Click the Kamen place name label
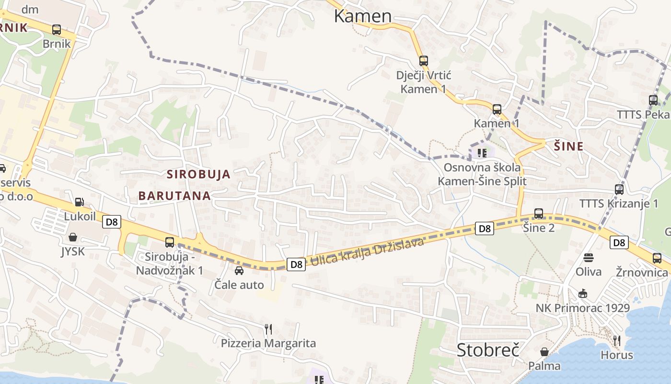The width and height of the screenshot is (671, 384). click(x=362, y=16)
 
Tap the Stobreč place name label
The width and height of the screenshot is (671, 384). click(x=488, y=349)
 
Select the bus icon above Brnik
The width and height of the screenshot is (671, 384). click(x=57, y=30)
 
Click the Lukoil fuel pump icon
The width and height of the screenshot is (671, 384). click(x=80, y=202)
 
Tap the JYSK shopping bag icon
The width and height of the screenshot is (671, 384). click(x=73, y=237)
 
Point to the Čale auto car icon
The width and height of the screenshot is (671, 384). click(x=239, y=271)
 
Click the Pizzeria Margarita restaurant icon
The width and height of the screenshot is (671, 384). click(x=268, y=329)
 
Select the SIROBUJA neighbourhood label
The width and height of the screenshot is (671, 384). click(x=198, y=174)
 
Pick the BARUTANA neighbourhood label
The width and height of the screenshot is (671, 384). click(x=174, y=196)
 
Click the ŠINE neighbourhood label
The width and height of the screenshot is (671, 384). click(x=569, y=146)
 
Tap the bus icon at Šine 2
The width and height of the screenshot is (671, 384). click(x=539, y=214)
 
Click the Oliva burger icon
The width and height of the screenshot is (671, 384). click(x=589, y=258)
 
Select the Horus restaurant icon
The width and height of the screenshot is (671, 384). click(x=617, y=341)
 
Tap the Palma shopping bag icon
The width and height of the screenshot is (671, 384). click(x=544, y=352)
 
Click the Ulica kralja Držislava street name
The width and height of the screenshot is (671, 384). click(x=367, y=252)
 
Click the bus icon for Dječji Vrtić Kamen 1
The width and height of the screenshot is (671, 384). click(x=423, y=61)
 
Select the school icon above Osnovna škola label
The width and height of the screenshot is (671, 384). click(x=482, y=153)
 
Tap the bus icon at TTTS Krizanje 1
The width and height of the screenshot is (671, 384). click(x=619, y=190)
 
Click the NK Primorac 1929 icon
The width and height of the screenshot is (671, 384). click(x=583, y=293)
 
